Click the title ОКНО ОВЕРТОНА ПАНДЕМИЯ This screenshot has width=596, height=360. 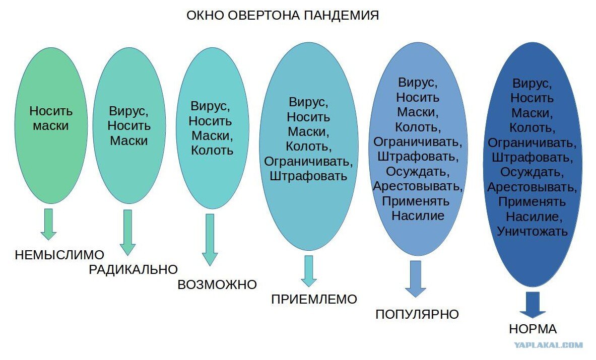tap(283, 15)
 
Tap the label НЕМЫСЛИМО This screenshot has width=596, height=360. tap(59, 255)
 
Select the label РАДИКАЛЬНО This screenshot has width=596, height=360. tap(134, 269)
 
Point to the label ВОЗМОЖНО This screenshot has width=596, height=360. tap(217, 284)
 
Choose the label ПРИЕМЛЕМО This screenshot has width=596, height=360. tap(314, 299)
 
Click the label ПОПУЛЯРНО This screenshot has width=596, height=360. tap(417, 314)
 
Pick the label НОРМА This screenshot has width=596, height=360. tap(533, 329)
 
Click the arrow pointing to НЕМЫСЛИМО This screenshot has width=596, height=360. tap(49, 224)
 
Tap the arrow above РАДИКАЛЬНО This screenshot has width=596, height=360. tap(128, 233)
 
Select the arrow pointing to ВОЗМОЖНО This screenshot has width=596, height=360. tap(210, 240)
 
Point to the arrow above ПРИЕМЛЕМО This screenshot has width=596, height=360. tap(309, 271)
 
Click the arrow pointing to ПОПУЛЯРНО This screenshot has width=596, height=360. tap(416, 279)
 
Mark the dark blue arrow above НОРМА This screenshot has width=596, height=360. tap(533, 305)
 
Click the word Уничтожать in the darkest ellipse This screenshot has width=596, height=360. tap(532, 231)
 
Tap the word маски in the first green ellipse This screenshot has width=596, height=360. tap(50, 126)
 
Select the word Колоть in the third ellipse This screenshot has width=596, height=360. tap(212, 151)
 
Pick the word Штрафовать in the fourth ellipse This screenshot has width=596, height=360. tap(308, 176)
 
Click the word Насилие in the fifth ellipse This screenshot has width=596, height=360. tap(418, 215)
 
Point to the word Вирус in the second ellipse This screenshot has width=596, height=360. tap(128, 111)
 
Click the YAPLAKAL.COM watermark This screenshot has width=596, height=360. tap(549, 345)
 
